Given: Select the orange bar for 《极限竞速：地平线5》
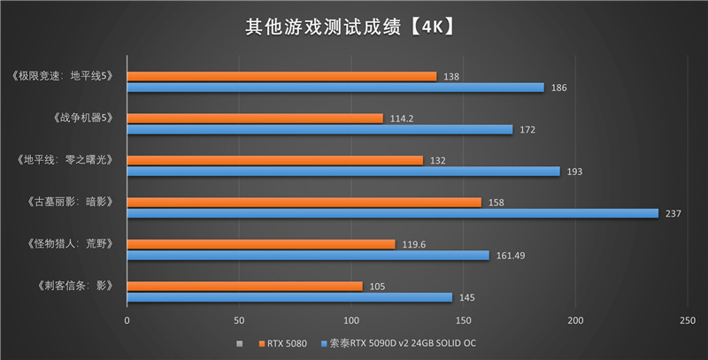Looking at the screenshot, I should click(x=281, y=77).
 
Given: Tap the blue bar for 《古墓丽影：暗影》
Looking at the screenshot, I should click(x=392, y=213).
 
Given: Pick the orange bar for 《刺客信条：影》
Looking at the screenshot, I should click(x=244, y=287).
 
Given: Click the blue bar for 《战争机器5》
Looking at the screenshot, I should click(x=319, y=129).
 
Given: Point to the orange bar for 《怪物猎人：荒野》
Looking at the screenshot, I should click(x=260, y=244).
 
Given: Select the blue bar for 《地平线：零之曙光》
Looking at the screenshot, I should click(x=343, y=172).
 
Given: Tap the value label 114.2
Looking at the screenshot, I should click(x=404, y=119).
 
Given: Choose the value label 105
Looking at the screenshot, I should click(x=378, y=287).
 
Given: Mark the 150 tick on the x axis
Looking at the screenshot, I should click(x=463, y=319).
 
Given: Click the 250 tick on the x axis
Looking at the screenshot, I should click(x=688, y=319).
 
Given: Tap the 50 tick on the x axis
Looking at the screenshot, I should click(x=239, y=319).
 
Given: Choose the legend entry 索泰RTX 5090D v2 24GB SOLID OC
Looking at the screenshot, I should click(x=407, y=342).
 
